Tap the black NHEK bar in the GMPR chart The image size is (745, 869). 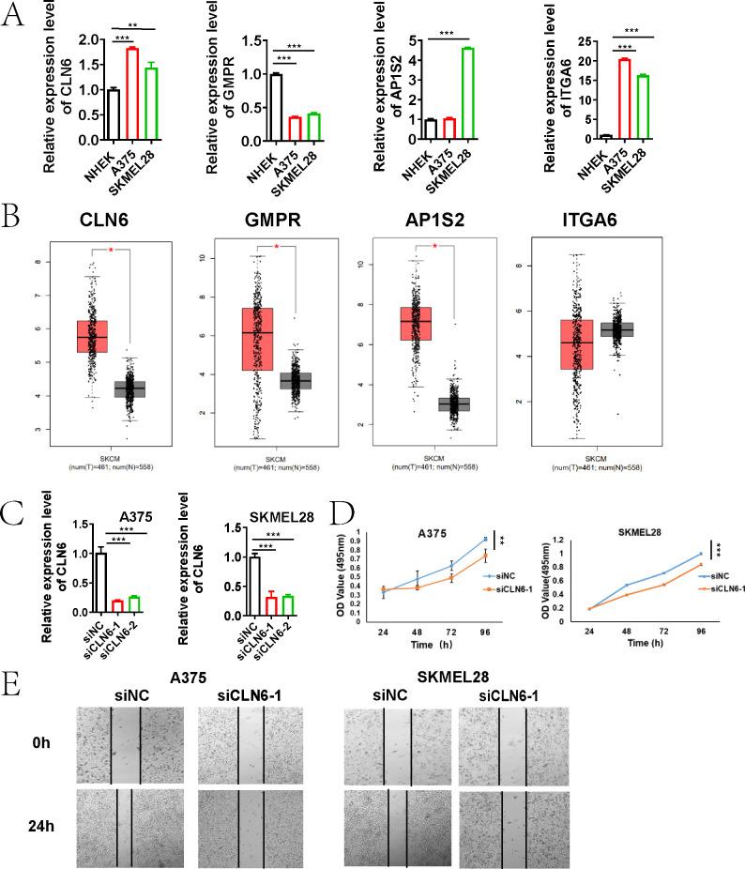click(x=276, y=106)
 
